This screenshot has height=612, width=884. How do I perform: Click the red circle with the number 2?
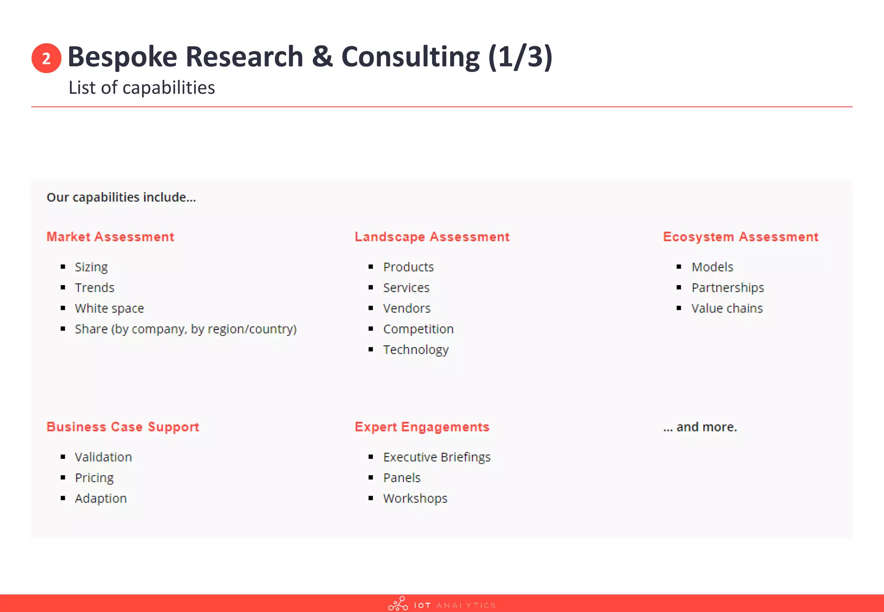(46, 58)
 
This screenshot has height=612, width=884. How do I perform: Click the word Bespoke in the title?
(122, 57)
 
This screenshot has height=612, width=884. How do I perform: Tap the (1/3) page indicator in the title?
(520, 57)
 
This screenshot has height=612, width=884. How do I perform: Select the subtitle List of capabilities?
(142, 88)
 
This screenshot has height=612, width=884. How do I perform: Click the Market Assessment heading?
(110, 237)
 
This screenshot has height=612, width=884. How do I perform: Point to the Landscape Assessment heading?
(432, 237)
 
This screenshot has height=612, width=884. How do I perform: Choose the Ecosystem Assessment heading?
(740, 237)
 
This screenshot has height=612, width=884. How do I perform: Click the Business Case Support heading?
(123, 426)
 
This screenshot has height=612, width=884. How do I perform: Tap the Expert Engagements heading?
(422, 426)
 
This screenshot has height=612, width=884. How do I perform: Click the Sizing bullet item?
(91, 267)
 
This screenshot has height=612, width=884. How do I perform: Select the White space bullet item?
(109, 308)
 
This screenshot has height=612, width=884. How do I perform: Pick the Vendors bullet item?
(407, 308)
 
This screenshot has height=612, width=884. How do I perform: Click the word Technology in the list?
(416, 350)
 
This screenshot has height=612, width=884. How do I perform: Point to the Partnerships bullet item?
(727, 287)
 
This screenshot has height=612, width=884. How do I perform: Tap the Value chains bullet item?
(727, 308)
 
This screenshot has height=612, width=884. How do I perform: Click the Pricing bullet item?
(94, 478)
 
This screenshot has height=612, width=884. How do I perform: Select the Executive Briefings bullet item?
(437, 457)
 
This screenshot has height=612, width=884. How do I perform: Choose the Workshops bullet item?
(415, 498)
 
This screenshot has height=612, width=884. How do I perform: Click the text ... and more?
(700, 427)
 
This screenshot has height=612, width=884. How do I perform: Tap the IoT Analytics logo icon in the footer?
(398, 604)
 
